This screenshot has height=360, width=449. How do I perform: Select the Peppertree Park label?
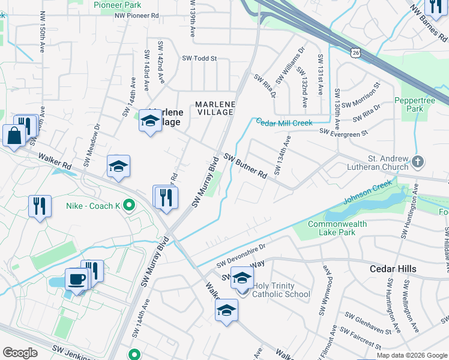coord(410,105)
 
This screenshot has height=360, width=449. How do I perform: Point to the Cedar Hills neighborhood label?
coord(393,269)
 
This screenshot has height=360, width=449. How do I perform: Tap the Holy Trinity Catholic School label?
coord(281,290)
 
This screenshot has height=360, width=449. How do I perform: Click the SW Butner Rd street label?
coord(246,166)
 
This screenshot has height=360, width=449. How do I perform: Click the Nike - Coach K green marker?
coord(128,206)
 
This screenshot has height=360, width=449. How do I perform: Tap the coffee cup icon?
coord(76,279)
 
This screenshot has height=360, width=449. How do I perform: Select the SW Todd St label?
coord(199,59)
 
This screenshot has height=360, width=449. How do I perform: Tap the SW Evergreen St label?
coord(343,131)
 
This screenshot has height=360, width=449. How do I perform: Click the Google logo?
coord(20,352)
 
